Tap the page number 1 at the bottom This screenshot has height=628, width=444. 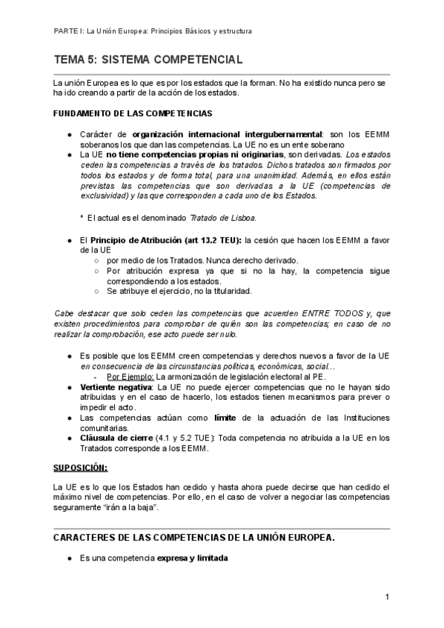[387, 597]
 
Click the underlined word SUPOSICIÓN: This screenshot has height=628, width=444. [81, 467]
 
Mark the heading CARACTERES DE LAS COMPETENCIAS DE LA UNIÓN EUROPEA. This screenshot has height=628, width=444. [195, 537]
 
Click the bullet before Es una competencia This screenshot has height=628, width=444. [69, 558]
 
